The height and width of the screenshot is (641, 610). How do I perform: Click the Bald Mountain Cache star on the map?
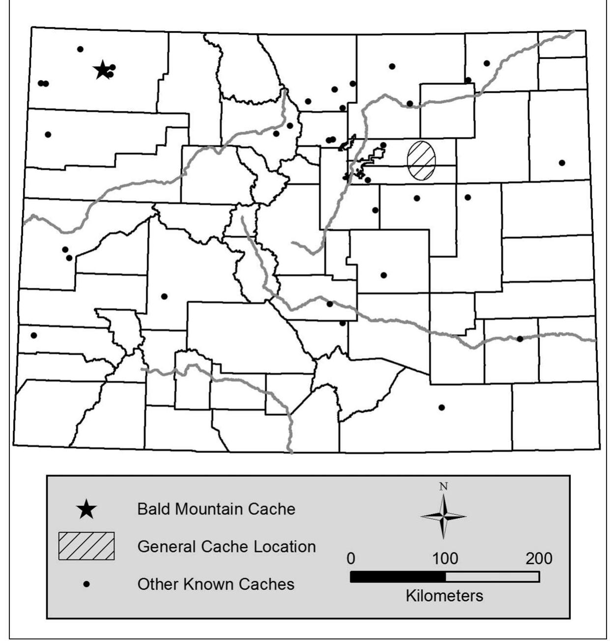[x=102, y=70]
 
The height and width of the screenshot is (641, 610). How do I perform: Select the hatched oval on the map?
[x=421, y=160]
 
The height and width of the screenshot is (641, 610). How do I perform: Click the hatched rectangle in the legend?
[x=86, y=546]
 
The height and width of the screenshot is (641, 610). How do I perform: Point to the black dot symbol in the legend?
[x=87, y=584]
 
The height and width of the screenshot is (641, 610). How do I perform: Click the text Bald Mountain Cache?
[x=216, y=509]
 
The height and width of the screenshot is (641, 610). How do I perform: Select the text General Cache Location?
[x=226, y=546]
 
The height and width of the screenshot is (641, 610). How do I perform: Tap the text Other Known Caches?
[x=216, y=584]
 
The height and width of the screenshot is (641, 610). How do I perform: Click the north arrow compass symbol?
[x=444, y=516]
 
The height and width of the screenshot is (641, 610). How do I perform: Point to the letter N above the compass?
[x=444, y=487]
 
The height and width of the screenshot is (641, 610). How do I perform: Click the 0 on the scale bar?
[x=351, y=558]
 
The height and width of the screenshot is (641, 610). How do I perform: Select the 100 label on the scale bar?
[x=445, y=558]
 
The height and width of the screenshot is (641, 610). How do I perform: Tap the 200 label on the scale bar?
[x=539, y=558]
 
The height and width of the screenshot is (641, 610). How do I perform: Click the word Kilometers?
[x=444, y=596]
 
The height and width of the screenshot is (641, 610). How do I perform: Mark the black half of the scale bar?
[x=398, y=577]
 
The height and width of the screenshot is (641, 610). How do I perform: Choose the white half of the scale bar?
[x=492, y=577]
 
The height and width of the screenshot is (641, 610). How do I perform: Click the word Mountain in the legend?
[x=209, y=509]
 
